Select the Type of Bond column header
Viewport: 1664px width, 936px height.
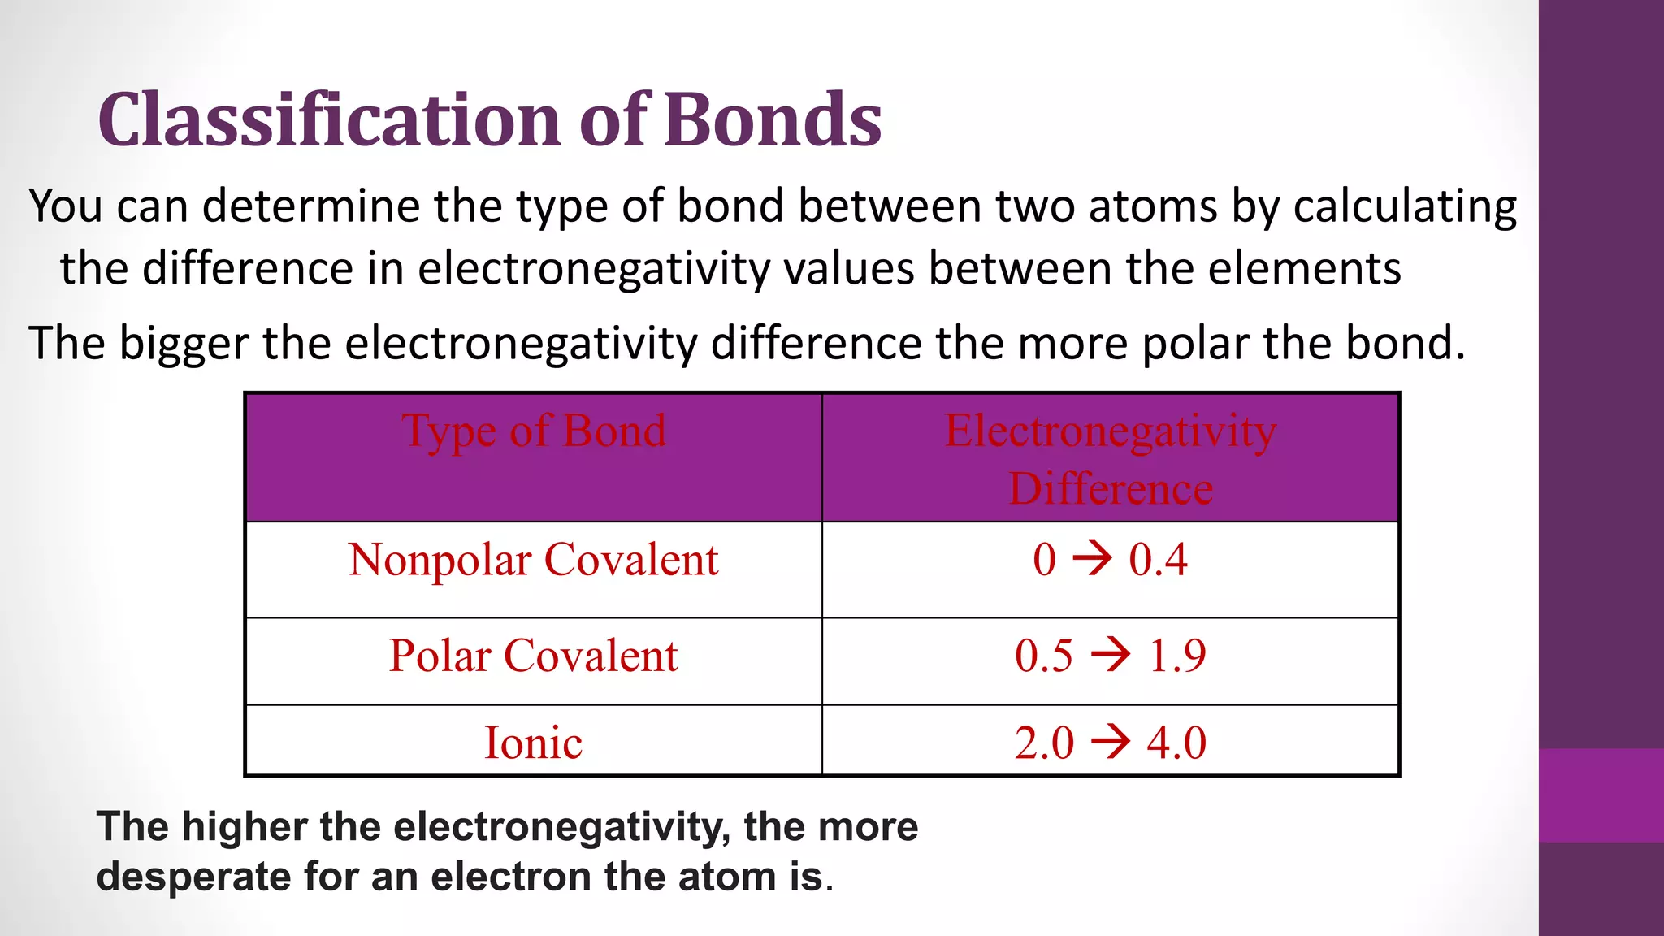(x=534, y=431)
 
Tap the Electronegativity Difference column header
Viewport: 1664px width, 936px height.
(x=1110, y=458)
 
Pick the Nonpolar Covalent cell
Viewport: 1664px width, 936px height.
(x=534, y=560)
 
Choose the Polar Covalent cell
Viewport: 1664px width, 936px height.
(x=533, y=656)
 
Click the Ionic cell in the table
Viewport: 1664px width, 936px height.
(x=533, y=743)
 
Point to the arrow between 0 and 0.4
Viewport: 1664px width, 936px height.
(x=1092, y=559)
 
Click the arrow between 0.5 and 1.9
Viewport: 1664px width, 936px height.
(x=1110, y=655)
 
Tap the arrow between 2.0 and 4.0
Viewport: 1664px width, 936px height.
(x=1110, y=742)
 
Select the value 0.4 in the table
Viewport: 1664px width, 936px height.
(x=1158, y=560)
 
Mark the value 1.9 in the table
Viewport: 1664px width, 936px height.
(x=1177, y=656)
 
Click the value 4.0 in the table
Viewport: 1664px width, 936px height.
(x=1176, y=743)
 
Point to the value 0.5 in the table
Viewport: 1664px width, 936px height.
(x=1044, y=656)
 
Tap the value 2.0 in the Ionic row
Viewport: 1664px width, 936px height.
(x=1044, y=743)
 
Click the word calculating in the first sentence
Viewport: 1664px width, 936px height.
(x=1405, y=206)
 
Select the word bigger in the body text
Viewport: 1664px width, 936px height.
(x=184, y=344)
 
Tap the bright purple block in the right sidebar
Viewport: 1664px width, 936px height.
(x=1601, y=795)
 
